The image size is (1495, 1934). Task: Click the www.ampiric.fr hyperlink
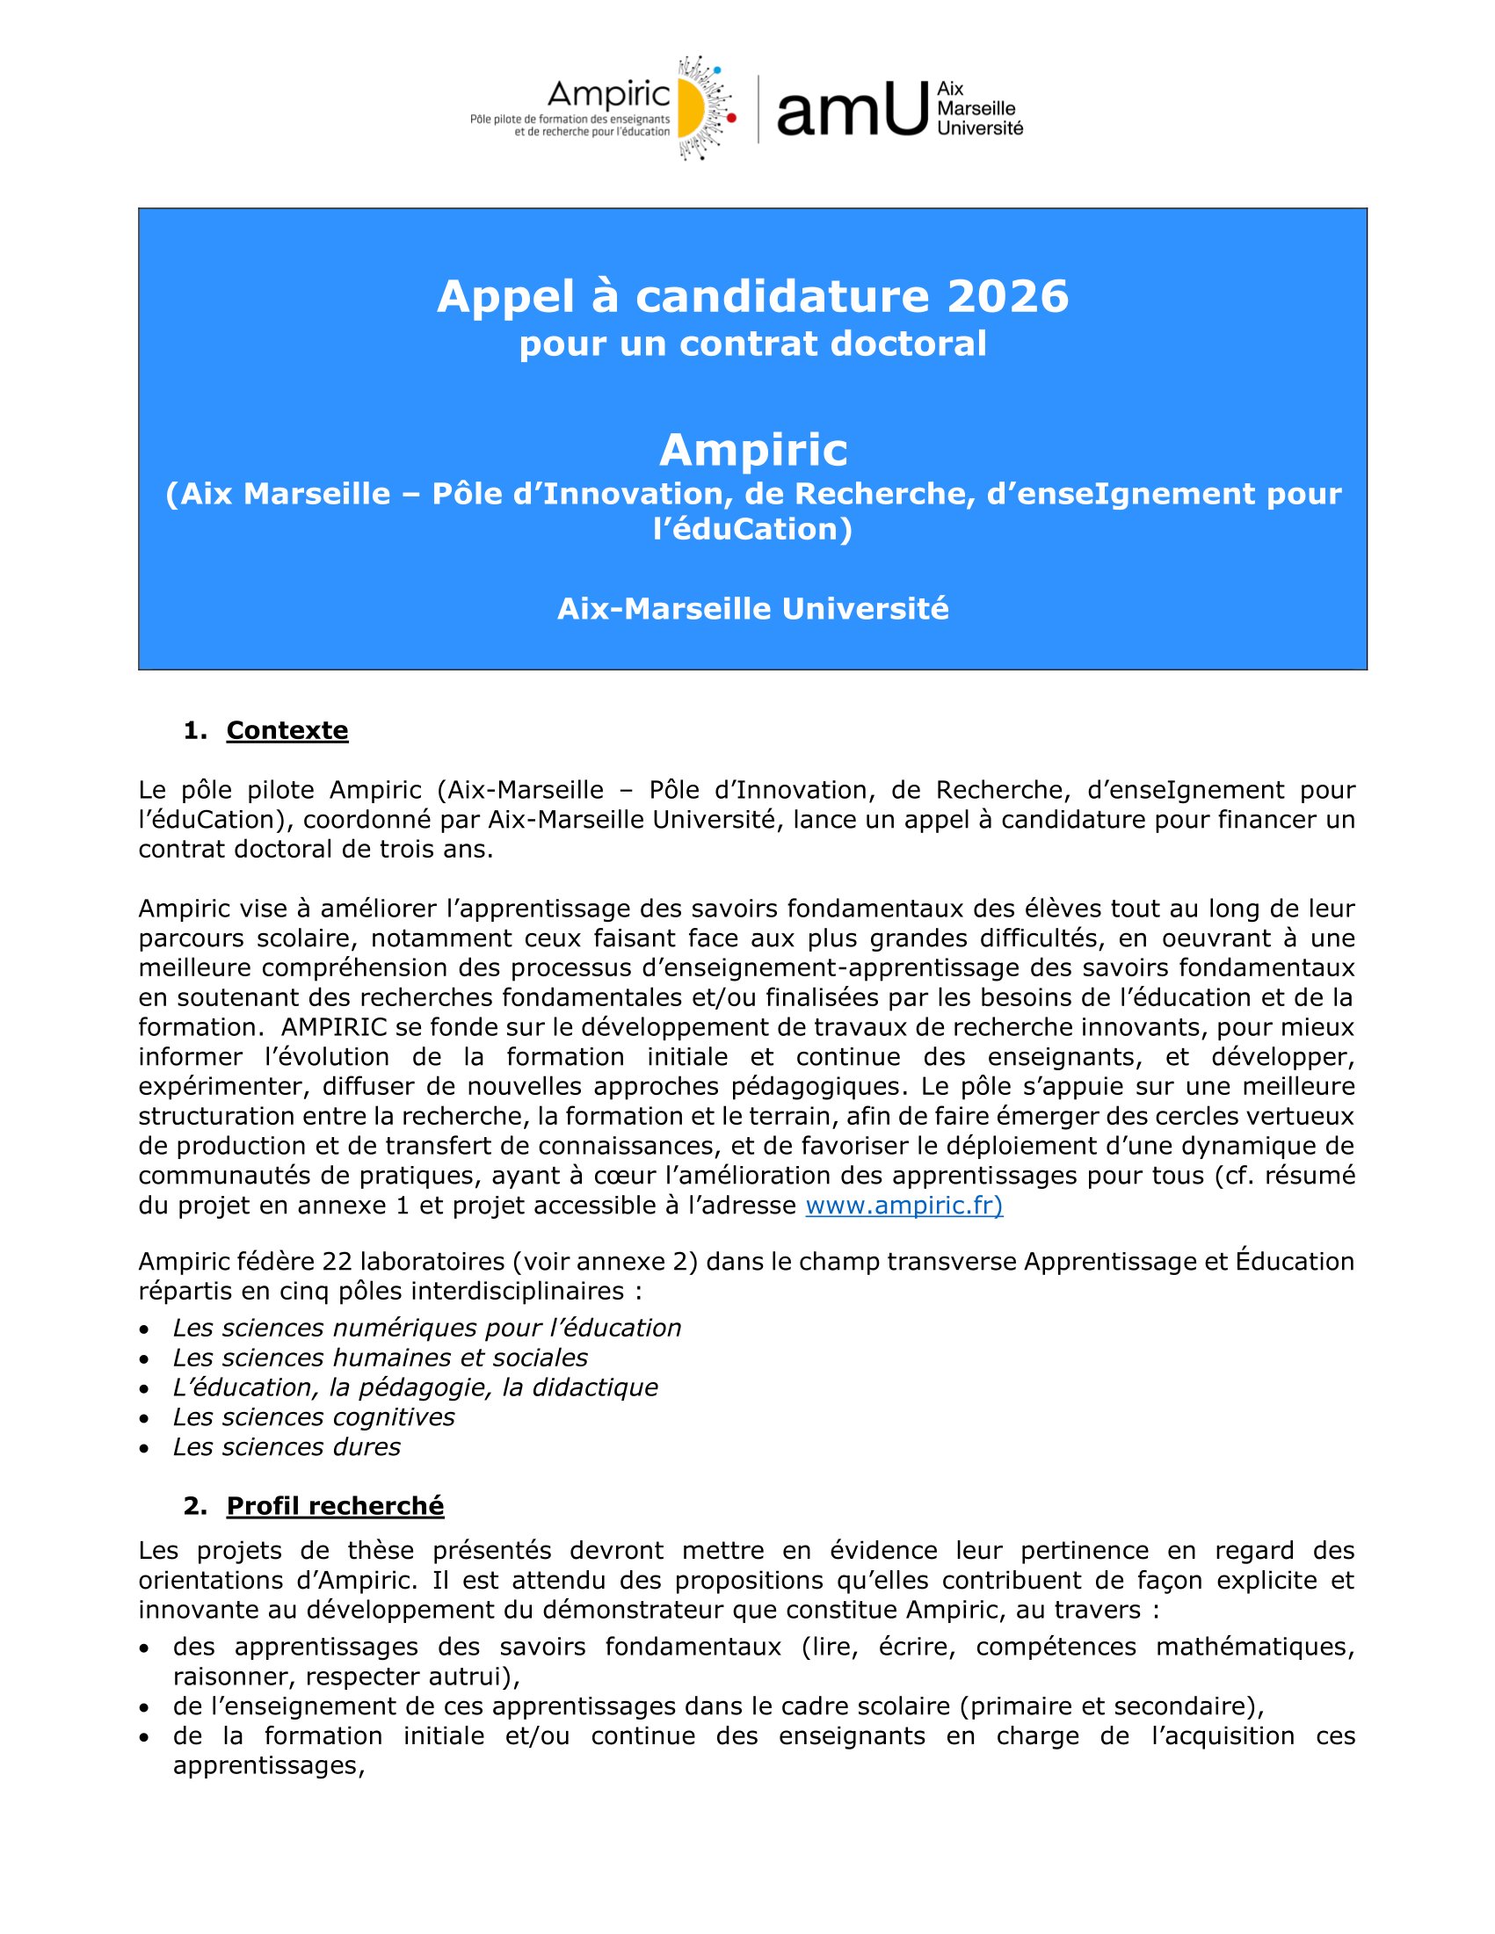[904, 1206]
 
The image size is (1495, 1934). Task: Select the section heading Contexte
[287, 730]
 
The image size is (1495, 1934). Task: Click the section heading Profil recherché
[335, 1506]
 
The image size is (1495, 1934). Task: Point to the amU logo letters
[851, 110]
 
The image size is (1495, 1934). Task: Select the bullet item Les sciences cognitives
[314, 1416]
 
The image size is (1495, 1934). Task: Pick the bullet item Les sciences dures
[286, 1447]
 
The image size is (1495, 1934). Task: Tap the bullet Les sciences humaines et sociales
[380, 1358]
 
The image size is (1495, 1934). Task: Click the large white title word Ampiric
[753, 450]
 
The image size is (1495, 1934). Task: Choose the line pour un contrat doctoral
[753, 344]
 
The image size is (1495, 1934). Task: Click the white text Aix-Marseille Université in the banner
[753, 609]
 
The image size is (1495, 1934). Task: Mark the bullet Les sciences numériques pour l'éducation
[427, 1329]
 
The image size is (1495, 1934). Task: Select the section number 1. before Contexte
[195, 730]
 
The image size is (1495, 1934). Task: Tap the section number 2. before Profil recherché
[195, 1506]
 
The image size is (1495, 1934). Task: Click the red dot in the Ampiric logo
[732, 117]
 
